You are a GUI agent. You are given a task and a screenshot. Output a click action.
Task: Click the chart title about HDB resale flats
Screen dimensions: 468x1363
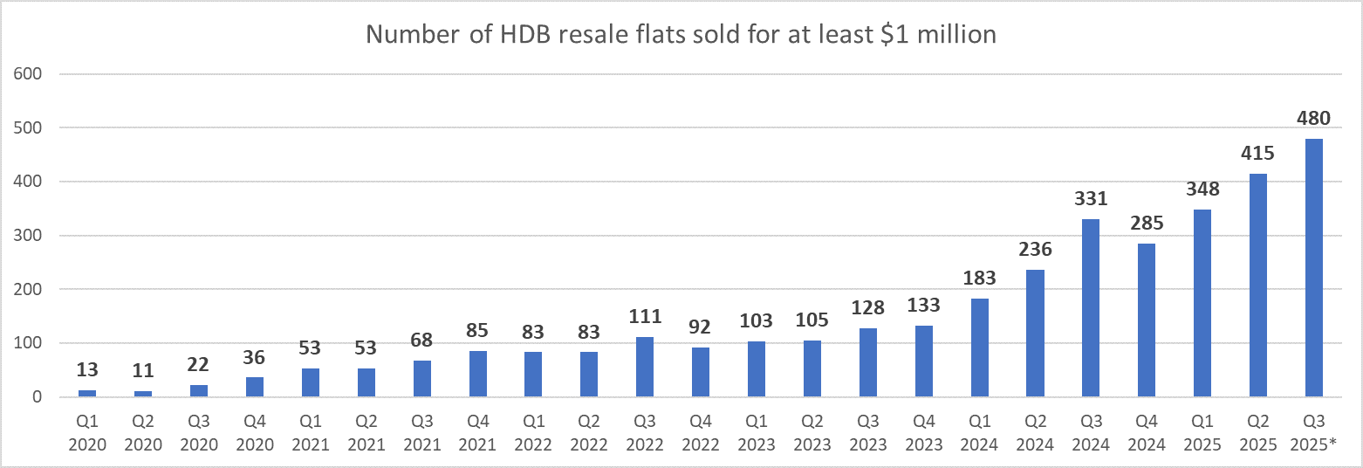pyautogui.click(x=681, y=34)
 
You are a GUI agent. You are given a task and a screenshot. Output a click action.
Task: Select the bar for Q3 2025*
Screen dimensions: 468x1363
pyautogui.click(x=1313, y=268)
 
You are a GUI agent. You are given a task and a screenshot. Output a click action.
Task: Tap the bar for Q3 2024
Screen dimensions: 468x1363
pyautogui.click(x=1091, y=308)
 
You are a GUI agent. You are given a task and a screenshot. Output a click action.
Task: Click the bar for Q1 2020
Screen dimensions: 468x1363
pyautogui.click(x=87, y=394)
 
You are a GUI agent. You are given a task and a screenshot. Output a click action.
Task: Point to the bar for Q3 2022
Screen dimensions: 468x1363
pyautogui.click(x=645, y=368)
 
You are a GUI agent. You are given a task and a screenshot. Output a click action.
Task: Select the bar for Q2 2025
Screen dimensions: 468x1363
pyautogui.click(x=1257, y=286)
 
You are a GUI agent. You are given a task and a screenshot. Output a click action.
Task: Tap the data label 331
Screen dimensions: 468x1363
pyautogui.click(x=1091, y=200)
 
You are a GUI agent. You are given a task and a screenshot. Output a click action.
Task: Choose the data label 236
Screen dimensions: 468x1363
pyautogui.click(x=1035, y=251)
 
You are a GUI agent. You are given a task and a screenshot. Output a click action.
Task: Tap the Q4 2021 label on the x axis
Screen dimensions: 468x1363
pyautogui.click(x=478, y=435)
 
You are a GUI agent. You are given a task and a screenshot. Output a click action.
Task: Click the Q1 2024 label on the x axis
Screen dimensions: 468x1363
pyautogui.click(x=979, y=435)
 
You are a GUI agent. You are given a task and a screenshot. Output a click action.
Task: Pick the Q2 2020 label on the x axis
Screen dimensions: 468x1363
pyautogui.click(x=143, y=435)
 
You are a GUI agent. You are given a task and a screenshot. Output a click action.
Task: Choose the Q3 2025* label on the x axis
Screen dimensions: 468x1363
pyautogui.click(x=1313, y=435)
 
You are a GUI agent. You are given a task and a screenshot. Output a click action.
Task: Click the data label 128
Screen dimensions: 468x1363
pyautogui.click(x=868, y=308)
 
